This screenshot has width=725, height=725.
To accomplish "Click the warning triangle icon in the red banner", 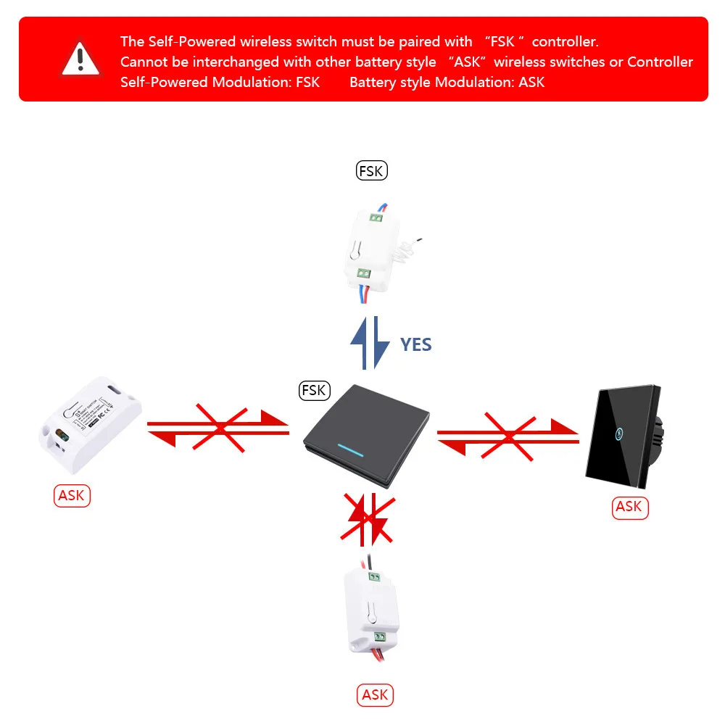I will tap(80, 59).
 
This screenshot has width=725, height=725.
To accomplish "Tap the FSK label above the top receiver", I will tap(372, 171).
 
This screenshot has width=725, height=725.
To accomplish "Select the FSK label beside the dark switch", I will tap(314, 390).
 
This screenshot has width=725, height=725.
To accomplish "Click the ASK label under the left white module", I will tap(72, 495).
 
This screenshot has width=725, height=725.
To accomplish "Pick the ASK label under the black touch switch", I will tap(629, 507).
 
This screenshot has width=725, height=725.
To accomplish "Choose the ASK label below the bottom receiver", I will tap(375, 695).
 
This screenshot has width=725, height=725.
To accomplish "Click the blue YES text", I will tap(416, 344).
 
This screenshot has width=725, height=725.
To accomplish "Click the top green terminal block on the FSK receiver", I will tap(376, 216).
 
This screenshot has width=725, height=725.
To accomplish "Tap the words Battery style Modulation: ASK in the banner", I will tap(447, 82).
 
